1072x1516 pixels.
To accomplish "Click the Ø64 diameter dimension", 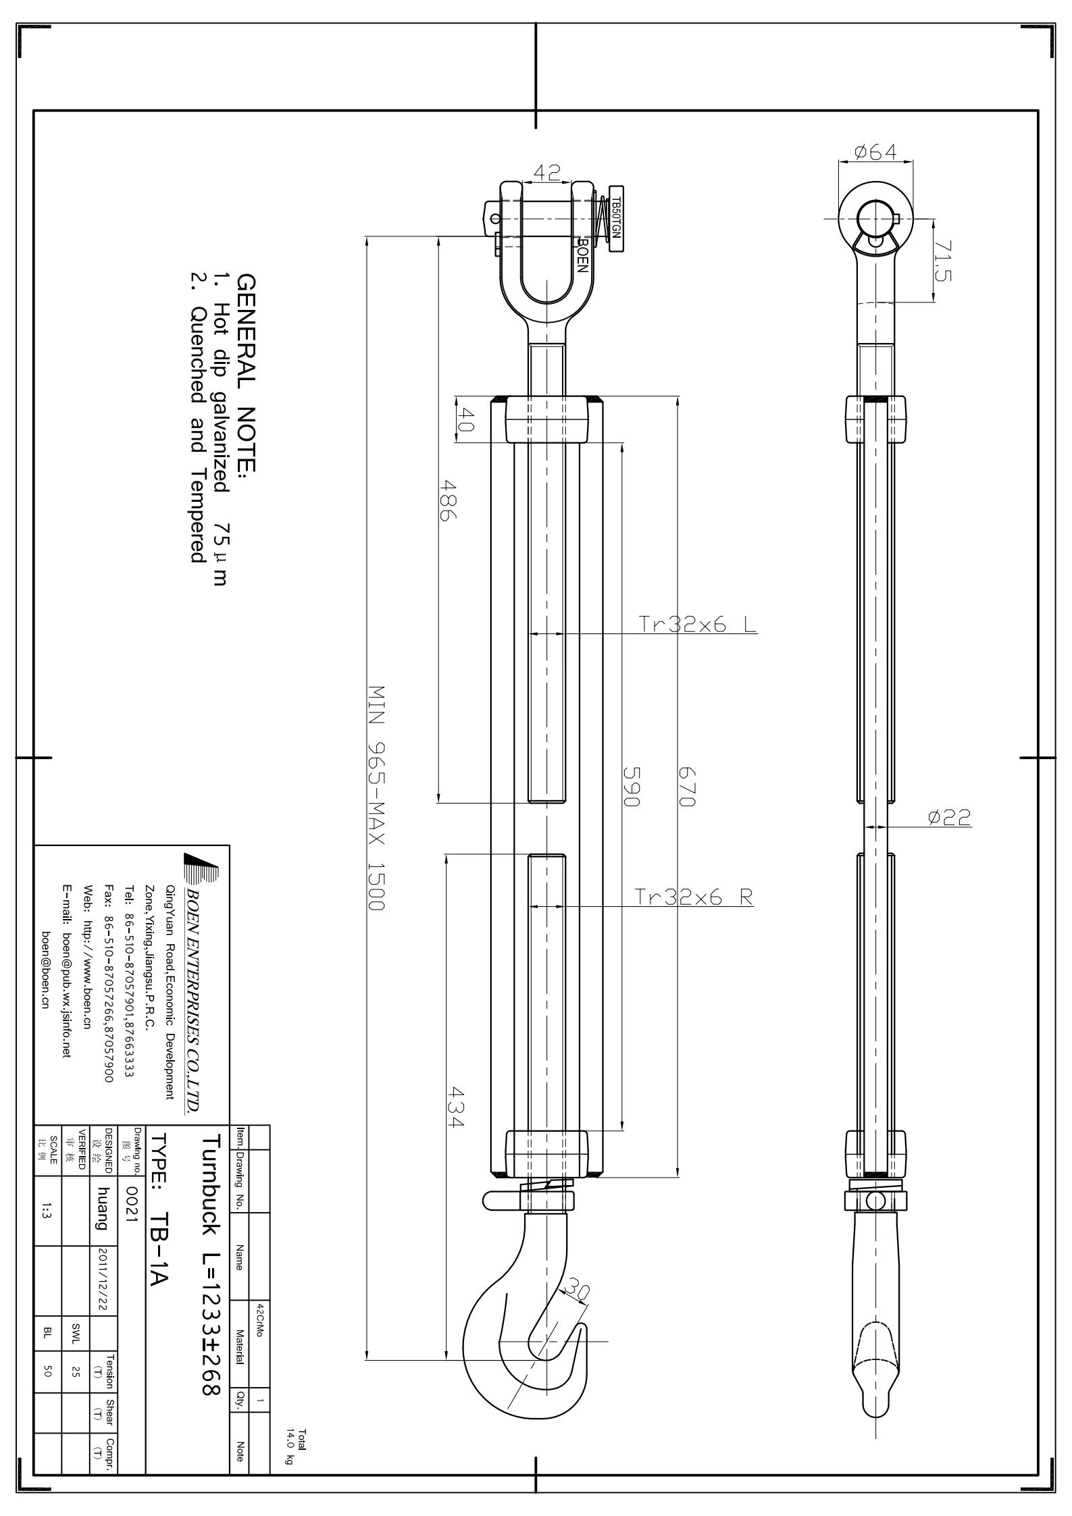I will pos(875,153).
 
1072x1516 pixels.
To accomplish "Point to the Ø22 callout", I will pos(950,818).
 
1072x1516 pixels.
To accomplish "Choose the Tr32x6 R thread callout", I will pos(694,897).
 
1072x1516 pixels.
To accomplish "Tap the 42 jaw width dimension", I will pos(546,174).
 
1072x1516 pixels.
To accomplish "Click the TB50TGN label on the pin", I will pos(616,217).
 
